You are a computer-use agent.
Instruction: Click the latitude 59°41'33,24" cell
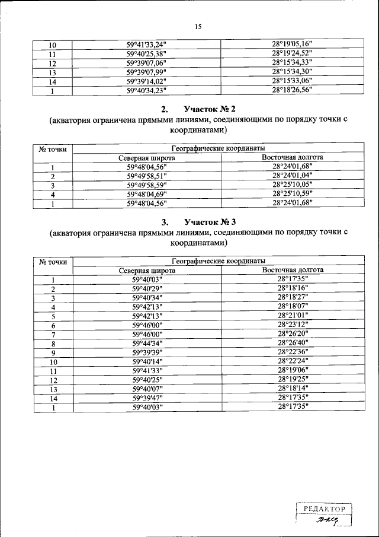(146, 45)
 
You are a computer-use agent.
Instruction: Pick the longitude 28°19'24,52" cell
(292, 53)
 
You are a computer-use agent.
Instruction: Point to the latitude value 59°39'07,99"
(146, 72)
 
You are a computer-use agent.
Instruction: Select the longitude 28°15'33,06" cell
(292, 81)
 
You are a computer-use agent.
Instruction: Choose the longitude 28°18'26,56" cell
(292, 90)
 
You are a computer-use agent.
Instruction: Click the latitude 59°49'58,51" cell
(146, 176)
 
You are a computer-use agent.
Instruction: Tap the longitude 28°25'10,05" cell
(292, 185)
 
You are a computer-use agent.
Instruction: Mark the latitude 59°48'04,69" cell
(146, 194)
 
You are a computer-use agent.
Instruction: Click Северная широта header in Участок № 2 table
(146, 158)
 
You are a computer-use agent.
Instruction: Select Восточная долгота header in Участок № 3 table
(293, 270)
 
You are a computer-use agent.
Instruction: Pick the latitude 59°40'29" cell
(146, 288)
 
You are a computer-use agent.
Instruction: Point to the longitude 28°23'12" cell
(293, 325)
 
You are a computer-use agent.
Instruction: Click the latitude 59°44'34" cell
(146, 343)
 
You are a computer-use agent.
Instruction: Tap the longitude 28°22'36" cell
(293, 352)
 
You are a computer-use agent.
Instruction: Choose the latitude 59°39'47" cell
(146, 398)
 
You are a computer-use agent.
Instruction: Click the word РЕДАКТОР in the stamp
(324, 509)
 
